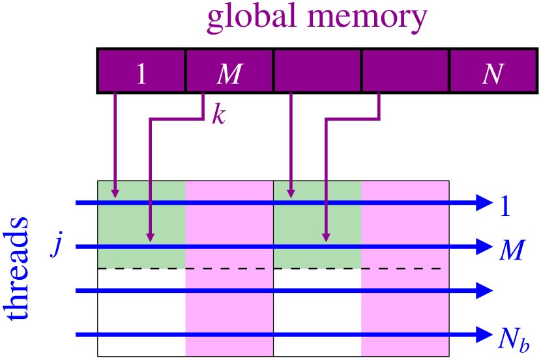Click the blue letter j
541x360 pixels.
57,247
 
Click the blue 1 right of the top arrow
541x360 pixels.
505,206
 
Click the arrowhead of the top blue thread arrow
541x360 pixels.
484,203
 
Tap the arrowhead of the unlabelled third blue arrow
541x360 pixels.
484,291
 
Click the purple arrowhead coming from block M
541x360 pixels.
151,237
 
